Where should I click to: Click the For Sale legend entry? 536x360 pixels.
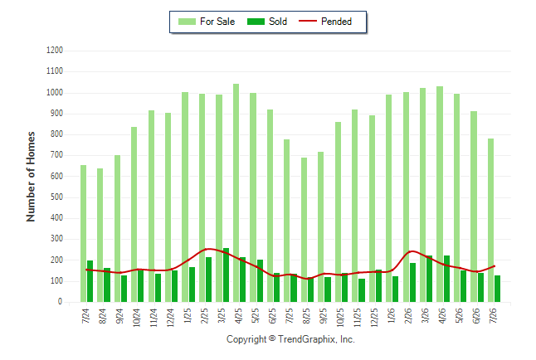[207, 22]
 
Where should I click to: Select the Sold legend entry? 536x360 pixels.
[267, 22]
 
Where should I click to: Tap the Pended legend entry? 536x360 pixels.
[325, 22]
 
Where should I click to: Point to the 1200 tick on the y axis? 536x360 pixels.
[55, 51]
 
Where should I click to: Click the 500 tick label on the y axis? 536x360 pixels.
[56, 197]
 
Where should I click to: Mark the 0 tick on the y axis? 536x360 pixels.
[61, 302]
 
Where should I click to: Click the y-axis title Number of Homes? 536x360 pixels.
[31, 177]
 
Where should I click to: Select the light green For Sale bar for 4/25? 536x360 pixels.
[236, 192]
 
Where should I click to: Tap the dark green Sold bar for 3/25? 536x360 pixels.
[226, 275]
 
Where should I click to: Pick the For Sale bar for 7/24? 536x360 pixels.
[84, 234]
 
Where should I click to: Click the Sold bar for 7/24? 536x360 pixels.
[90, 281]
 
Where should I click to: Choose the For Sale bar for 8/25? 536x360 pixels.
[304, 230]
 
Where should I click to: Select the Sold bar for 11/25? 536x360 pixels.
[362, 290]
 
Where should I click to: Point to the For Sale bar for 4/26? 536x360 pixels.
[440, 194]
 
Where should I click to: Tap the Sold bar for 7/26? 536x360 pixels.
[497, 289]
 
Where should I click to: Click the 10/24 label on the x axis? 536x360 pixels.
[137, 318]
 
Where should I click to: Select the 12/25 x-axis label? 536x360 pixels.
[375, 318]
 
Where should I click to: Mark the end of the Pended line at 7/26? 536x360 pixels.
[494, 266]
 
